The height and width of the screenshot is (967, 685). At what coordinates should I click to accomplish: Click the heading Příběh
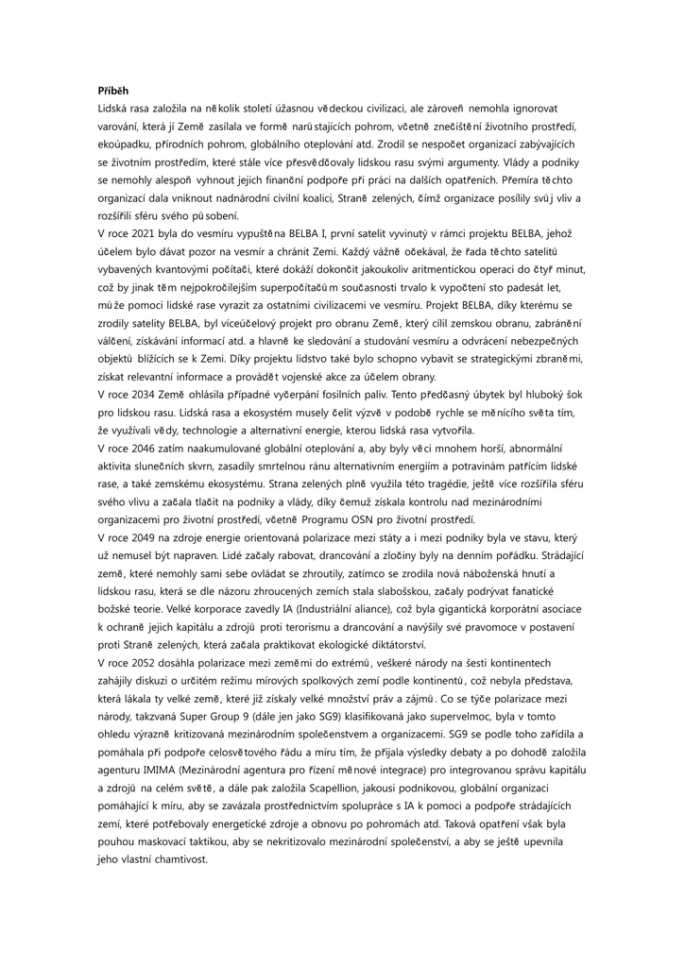[113, 92]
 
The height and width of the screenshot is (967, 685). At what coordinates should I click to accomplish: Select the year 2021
[145, 232]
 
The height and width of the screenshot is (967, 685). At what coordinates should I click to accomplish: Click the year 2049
[145, 535]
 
